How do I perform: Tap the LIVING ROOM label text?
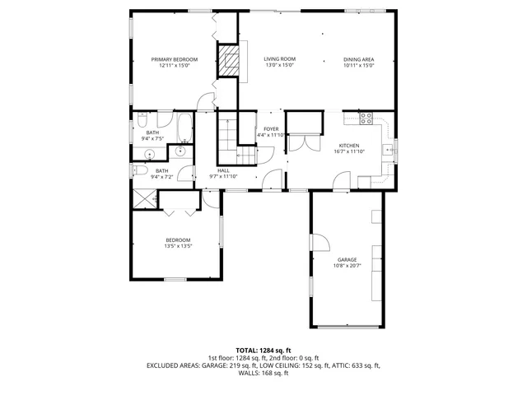(x=279, y=59)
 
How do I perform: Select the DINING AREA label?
(x=359, y=59)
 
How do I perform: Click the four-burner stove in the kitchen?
(x=366, y=117)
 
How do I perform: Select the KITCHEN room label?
(x=349, y=146)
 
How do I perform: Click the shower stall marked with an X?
(x=145, y=197)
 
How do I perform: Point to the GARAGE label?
(x=346, y=259)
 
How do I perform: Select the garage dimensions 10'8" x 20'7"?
(x=346, y=266)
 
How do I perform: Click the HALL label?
(x=222, y=170)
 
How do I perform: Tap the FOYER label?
(x=271, y=129)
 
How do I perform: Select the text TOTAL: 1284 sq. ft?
(x=263, y=350)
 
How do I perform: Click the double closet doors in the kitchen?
(x=302, y=141)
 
